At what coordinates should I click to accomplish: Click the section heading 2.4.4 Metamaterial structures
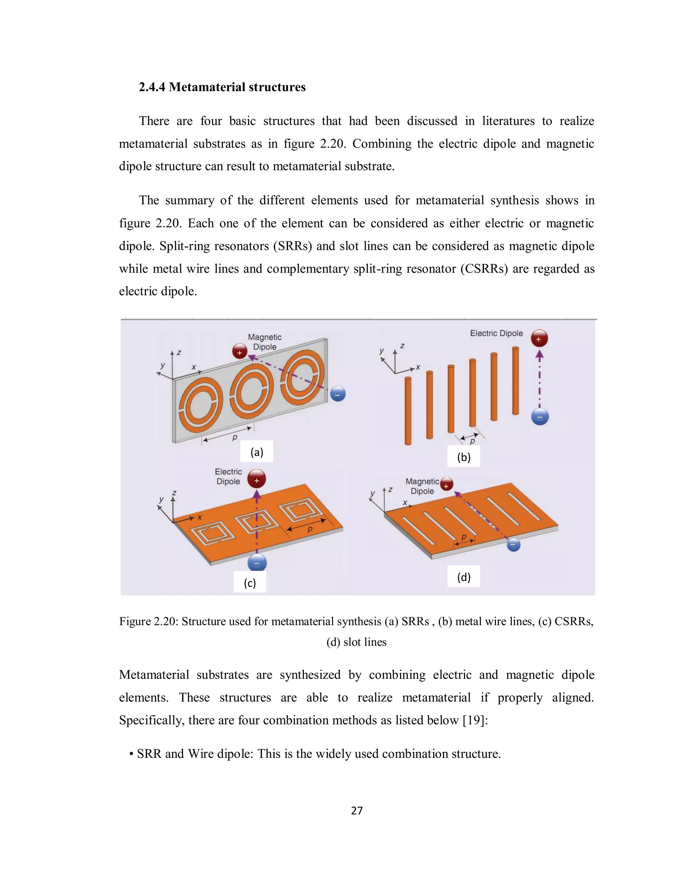coord(222,87)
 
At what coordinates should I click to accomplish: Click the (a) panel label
coord(256,452)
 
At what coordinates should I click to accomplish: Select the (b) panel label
coord(464,457)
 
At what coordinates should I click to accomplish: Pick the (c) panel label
coord(249,583)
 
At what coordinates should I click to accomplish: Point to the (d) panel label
coord(464,577)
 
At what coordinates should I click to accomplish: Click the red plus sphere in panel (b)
coord(539,339)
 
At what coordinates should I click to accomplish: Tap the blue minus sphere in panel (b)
coord(540,417)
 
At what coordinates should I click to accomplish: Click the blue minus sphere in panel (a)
coord(338,395)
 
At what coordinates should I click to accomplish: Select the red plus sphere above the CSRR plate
coord(256,479)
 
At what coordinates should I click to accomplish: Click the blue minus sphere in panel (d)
coord(513,545)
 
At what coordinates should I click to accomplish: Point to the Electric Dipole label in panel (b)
coord(496,333)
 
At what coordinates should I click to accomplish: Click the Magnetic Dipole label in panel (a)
coord(264,342)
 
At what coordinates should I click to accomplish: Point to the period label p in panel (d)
coord(464,537)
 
